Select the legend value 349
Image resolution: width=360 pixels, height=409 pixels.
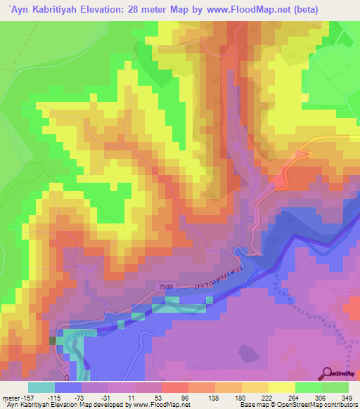click(x=347, y=398)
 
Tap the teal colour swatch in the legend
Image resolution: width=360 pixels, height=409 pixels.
click(x=41, y=388)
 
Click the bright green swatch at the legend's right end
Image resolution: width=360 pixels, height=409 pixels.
click(x=335, y=388)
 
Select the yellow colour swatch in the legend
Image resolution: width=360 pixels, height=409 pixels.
click(x=281, y=388)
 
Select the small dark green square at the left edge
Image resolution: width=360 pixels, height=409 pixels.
click(x=51, y=340)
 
